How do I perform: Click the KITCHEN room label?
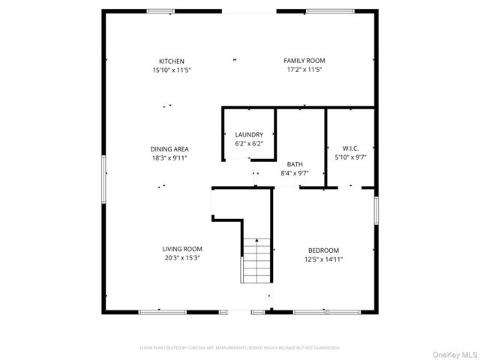(x=172, y=61)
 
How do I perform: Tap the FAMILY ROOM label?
(x=304, y=61)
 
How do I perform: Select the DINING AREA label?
(x=169, y=149)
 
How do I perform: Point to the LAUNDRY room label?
(x=249, y=134)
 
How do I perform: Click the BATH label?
(x=295, y=164)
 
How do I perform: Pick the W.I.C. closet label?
(x=349, y=148)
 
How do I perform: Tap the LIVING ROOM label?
(x=182, y=249)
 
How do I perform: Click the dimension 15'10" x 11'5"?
(x=172, y=70)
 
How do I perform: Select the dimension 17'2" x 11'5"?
(x=304, y=70)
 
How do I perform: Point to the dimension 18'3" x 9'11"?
(x=169, y=158)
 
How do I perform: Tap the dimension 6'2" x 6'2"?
(x=249, y=143)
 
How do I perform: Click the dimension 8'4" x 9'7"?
(x=295, y=173)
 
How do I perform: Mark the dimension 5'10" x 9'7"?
(x=349, y=157)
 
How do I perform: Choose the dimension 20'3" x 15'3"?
(x=182, y=258)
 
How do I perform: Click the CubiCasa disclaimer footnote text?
(x=240, y=348)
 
